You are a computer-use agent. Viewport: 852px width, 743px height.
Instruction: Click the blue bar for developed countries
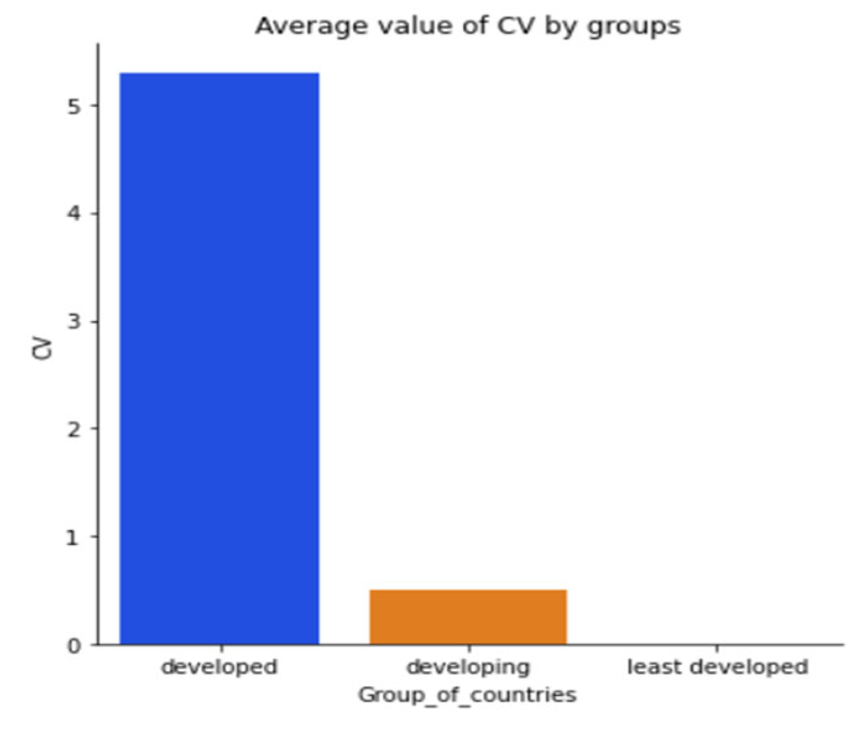[219, 359]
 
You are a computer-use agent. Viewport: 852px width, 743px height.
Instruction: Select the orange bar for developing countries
[468, 617]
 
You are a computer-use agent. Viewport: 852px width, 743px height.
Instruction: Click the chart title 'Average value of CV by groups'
[468, 27]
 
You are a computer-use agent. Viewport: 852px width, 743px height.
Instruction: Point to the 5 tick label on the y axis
[74, 106]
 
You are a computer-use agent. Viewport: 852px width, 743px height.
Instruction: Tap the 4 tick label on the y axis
[74, 214]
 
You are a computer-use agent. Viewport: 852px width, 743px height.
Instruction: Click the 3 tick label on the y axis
[74, 322]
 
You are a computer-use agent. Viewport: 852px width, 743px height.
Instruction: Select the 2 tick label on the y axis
[74, 429]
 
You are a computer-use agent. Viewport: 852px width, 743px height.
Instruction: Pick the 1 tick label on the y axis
[74, 537]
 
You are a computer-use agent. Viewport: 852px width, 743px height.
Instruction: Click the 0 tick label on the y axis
[74, 645]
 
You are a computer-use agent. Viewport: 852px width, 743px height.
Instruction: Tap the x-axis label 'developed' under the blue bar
[219, 667]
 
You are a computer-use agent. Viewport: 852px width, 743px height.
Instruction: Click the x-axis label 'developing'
[468, 668]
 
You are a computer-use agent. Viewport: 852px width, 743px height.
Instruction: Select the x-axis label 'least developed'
[717, 667]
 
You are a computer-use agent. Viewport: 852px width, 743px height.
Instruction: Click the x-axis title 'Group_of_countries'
[467, 695]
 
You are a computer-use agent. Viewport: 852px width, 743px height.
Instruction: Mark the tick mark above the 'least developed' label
[717, 648]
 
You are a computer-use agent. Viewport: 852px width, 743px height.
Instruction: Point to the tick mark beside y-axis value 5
[94, 106]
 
